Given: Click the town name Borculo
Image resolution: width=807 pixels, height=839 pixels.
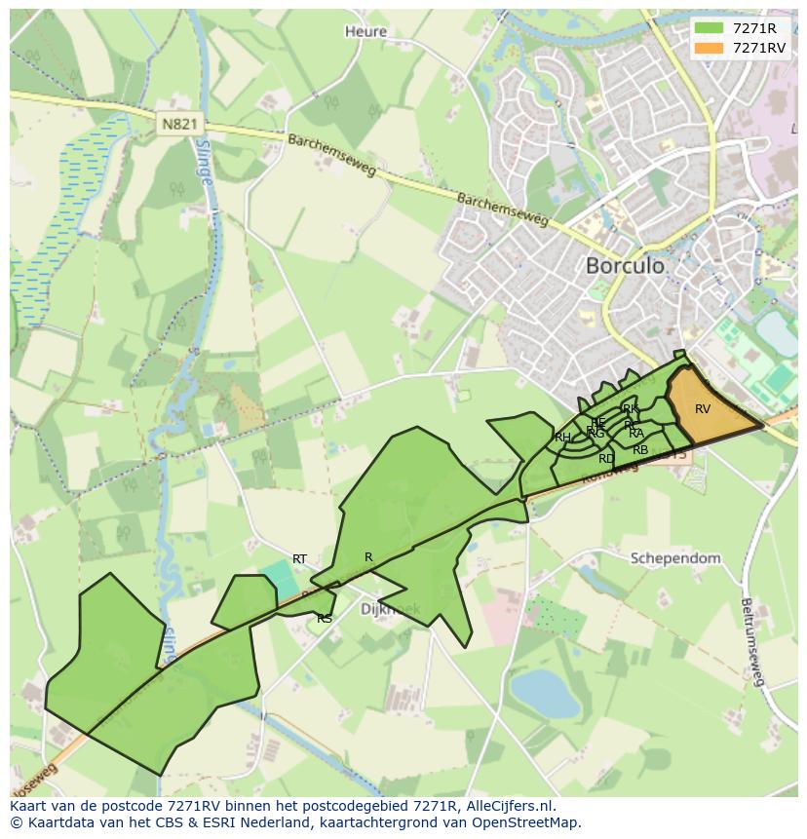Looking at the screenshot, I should tap(625, 265).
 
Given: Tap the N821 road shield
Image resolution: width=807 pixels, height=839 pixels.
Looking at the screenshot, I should tap(177, 124).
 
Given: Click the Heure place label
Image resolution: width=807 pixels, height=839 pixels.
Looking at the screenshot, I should tap(365, 31).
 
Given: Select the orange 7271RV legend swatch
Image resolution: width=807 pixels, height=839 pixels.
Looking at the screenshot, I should tap(709, 48).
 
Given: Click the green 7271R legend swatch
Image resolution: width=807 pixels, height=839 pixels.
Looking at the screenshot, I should tap(709, 27).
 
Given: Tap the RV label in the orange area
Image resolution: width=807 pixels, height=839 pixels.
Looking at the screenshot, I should tap(703, 409).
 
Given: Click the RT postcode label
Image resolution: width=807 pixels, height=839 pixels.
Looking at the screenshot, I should tap(299, 559).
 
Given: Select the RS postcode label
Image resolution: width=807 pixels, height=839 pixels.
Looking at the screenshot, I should tap(325, 619).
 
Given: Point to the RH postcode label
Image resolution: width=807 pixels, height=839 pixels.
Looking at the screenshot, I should tap(562, 438).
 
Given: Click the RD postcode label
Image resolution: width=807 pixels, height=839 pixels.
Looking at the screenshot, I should tap(606, 458).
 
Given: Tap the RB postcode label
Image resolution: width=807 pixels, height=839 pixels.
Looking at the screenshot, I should tap(640, 450).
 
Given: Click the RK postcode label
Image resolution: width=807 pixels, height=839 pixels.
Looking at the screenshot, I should tap(631, 409).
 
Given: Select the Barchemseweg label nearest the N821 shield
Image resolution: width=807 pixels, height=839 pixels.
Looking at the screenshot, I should tap(331, 156).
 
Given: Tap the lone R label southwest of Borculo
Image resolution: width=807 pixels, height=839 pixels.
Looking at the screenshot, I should tap(368, 557).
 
